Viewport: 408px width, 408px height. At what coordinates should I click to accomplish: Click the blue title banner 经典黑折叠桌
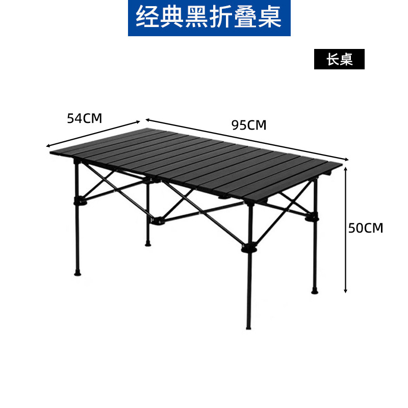click(x=209, y=18)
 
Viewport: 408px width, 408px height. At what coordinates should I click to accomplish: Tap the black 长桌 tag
click(x=340, y=60)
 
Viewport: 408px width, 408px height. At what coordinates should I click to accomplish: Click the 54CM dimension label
click(x=85, y=118)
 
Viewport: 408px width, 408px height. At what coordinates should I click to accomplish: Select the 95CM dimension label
click(x=249, y=125)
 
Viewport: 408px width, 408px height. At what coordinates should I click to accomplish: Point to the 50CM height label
click(x=365, y=227)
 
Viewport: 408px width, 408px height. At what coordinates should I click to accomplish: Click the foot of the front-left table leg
click(x=78, y=272)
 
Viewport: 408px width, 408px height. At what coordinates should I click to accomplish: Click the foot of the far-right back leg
click(x=314, y=291)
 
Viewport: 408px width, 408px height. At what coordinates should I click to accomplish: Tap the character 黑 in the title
click(x=209, y=18)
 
